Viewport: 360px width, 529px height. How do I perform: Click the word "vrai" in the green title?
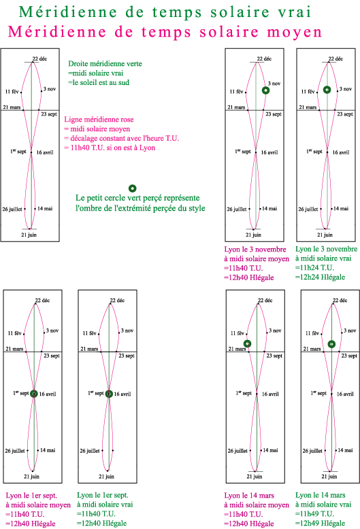pyautogui.click(x=295, y=12)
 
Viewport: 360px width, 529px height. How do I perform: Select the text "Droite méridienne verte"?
pyautogui.click(x=105, y=64)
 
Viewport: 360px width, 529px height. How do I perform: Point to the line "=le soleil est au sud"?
pyautogui.click(x=99, y=82)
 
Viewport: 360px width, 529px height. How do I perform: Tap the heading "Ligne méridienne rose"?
pyautogui.click(x=99, y=120)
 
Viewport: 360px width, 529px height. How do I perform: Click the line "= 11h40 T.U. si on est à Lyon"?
pyautogui.click(x=110, y=148)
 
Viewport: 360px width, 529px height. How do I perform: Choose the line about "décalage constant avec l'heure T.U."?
pyautogui.click(x=122, y=138)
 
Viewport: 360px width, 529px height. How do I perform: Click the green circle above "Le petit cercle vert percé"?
pyautogui.click(x=133, y=188)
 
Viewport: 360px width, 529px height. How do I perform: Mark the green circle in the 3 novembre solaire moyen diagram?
pyautogui.click(x=266, y=90)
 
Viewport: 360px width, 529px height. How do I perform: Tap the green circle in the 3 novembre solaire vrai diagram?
pyautogui.click(x=327, y=89)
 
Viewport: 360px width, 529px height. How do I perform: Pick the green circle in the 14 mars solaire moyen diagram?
pyautogui.click(x=248, y=344)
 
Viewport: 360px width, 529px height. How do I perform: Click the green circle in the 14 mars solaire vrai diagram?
pyautogui.click(x=331, y=344)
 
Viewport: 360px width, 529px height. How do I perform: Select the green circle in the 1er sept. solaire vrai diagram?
pyautogui.click(x=109, y=394)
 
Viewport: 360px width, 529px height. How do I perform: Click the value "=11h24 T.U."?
pyautogui.click(x=314, y=268)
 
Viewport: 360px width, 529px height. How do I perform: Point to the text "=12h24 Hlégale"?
pyautogui.click(x=320, y=277)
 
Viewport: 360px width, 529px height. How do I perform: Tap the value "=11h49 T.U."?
pyautogui.click(x=314, y=514)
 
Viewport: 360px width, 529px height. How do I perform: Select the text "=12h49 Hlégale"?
pyautogui.click(x=320, y=524)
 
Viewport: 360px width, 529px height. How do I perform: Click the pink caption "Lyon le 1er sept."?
pyautogui.click(x=31, y=496)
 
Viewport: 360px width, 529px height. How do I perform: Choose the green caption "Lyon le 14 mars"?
pyautogui.click(x=320, y=495)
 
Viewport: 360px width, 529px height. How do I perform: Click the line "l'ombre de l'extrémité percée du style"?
pyautogui.click(x=140, y=208)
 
